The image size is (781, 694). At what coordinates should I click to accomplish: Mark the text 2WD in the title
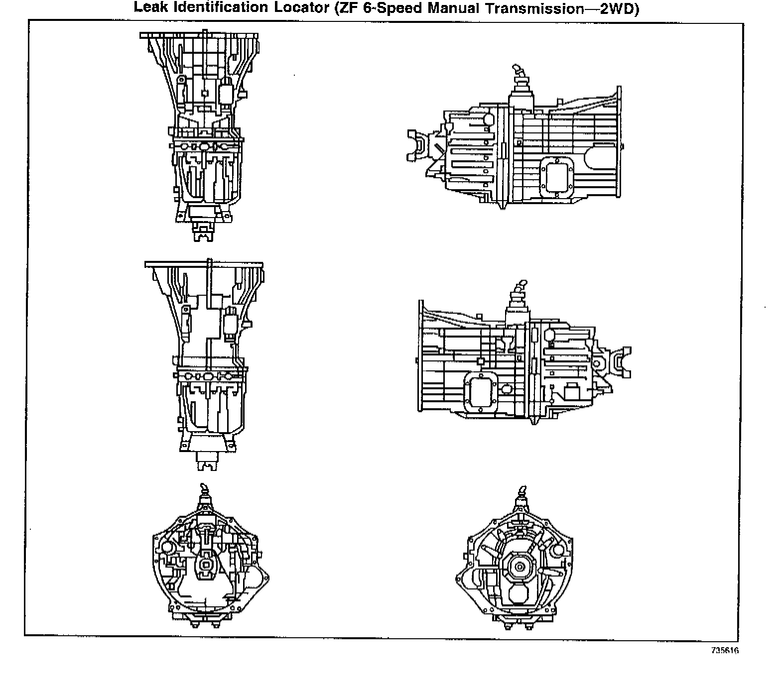616,9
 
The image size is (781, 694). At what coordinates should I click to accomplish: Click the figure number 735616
725,651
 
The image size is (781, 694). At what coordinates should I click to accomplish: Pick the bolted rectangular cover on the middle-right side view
481,392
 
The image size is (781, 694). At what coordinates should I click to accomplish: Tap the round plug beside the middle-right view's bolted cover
507,388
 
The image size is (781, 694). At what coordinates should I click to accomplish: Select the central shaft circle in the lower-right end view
519,567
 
